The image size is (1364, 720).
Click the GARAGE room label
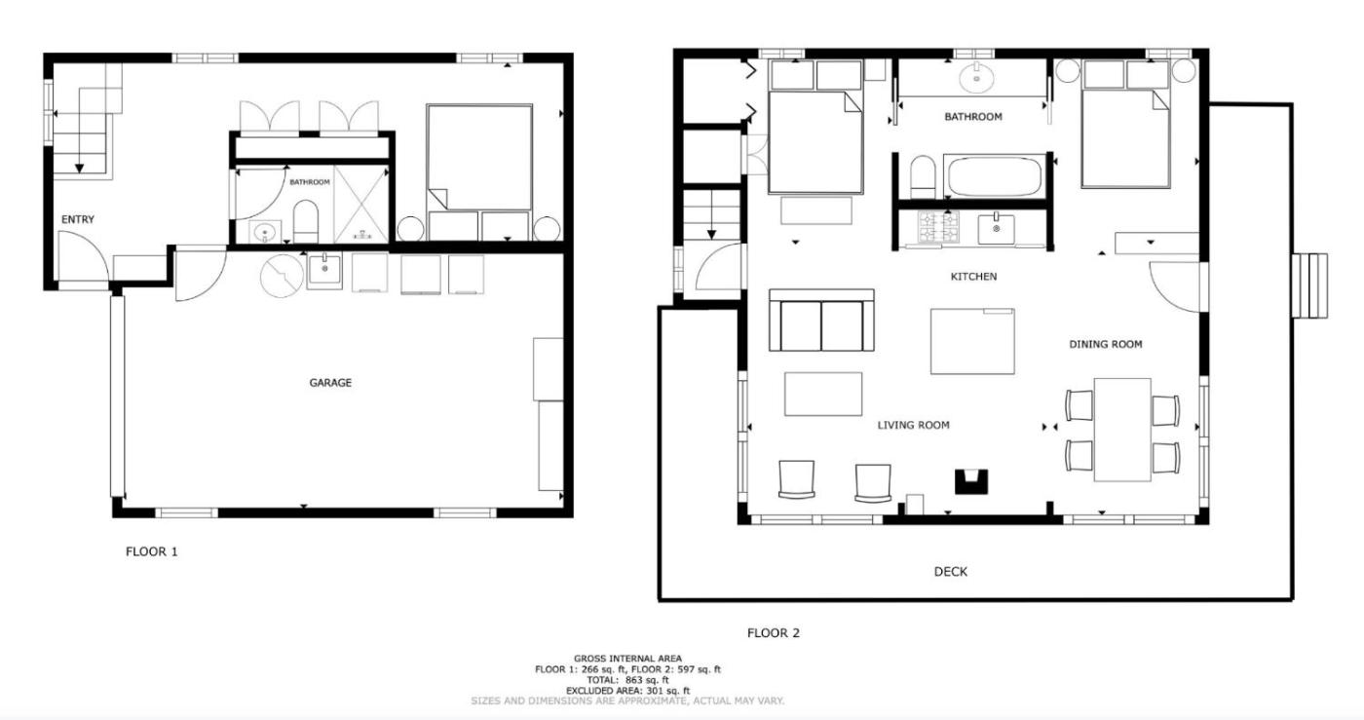(330, 383)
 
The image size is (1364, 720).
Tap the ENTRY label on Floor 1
(78, 219)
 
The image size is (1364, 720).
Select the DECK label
(951, 571)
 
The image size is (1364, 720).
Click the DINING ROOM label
(1105, 344)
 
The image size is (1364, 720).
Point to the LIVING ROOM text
(914, 425)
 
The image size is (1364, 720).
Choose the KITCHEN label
(973, 277)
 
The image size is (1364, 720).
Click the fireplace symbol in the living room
(970, 481)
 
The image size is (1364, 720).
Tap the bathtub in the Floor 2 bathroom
(995, 176)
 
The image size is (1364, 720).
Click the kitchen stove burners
(938, 227)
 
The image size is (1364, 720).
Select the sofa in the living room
(821, 321)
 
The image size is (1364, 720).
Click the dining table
(1122, 430)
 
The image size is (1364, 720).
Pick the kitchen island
(972, 341)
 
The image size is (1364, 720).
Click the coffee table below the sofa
(822, 395)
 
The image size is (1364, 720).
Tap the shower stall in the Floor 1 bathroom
(361, 205)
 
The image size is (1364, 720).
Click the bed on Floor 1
(479, 157)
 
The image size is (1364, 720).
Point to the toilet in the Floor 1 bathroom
(306, 222)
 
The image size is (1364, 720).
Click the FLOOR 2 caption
(774, 633)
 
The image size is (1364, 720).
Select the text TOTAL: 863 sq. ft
(627, 680)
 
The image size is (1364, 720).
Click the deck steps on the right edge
(1309, 285)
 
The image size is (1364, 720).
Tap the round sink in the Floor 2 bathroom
(976, 78)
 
